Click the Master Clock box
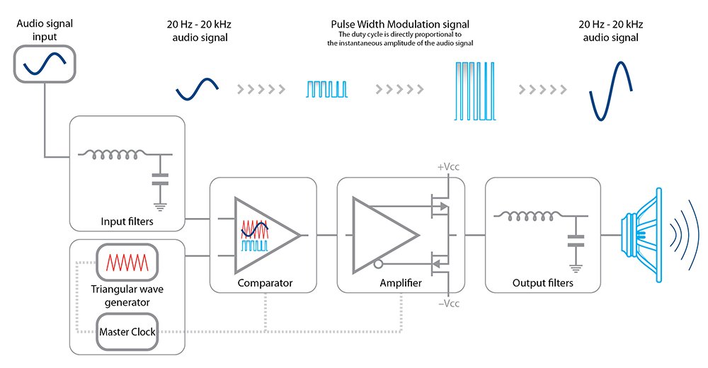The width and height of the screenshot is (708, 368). point(127,332)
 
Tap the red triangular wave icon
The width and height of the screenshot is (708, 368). point(127,263)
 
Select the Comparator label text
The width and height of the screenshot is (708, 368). point(265,283)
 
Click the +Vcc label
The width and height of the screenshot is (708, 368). point(448,167)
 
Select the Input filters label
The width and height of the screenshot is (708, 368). point(127,222)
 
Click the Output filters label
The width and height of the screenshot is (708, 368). point(542,284)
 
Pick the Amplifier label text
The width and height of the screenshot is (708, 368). point(400,283)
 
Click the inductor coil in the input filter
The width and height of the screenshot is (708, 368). point(113,154)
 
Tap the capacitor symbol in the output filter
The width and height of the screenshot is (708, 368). point(575,243)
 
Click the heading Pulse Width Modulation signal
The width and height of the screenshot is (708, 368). point(400,24)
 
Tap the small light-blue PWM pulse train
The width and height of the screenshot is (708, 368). point(327,89)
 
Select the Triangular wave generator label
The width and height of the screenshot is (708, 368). point(127,296)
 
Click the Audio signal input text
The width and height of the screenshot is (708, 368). point(44,30)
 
